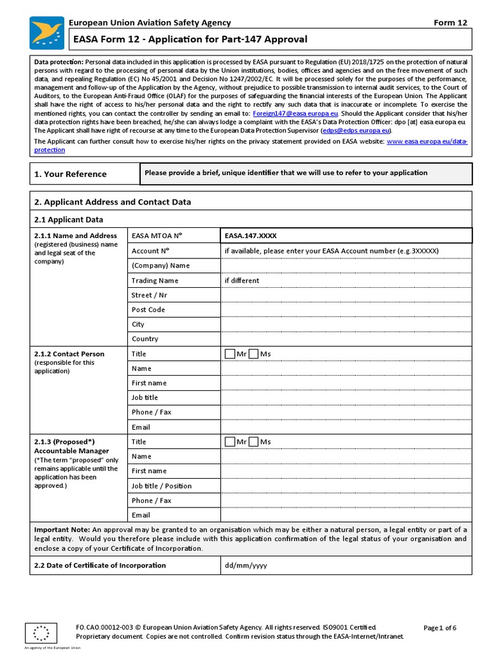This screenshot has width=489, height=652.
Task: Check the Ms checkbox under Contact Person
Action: coord(253,353)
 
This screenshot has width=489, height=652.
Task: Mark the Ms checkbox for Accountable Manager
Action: coord(253,441)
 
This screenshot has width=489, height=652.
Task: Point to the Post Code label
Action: coord(148,309)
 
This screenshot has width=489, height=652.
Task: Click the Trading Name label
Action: coord(155,280)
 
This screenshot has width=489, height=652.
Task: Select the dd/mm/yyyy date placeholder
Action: coord(246,565)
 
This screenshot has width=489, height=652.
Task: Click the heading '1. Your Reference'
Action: coord(70,174)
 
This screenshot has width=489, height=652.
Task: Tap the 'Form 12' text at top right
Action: coord(450,23)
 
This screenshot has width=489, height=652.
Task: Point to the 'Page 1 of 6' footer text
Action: coord(439,628)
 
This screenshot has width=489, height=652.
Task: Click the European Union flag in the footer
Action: coord(41,634)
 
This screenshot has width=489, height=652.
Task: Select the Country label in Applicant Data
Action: coord(145,339)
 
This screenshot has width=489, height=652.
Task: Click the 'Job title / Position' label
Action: coord(161,486)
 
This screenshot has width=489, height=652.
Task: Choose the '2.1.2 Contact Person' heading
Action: coord(69,353)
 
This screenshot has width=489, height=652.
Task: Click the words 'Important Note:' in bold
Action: coord(62,529)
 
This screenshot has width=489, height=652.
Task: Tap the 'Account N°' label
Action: coord(150,251)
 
